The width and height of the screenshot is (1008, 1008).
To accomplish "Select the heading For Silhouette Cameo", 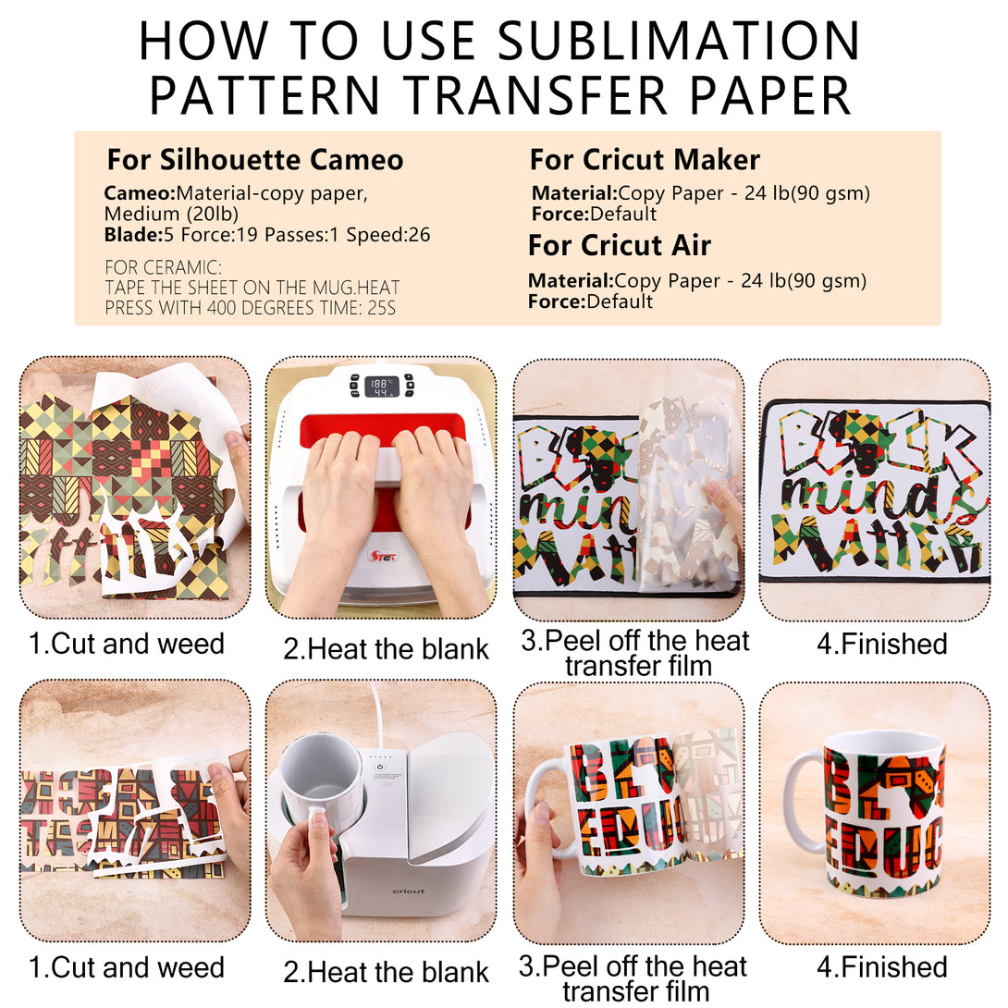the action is point(255,159).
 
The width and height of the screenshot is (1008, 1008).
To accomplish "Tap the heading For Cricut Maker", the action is point(645,159).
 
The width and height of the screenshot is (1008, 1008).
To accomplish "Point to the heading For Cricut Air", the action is point(620,246).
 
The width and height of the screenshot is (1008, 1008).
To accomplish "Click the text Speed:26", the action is point(388,235).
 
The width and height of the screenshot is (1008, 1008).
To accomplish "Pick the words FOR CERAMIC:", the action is point(164,267).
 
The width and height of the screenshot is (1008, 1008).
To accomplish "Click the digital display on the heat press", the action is point(381,387).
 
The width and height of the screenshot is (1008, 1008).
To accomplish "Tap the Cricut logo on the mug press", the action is point(409,891).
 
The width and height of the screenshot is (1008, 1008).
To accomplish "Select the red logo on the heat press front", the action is point(383,556).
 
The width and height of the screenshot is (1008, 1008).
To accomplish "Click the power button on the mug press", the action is point(380,767).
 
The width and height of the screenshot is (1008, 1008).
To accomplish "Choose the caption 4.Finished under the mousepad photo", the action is point(882,644).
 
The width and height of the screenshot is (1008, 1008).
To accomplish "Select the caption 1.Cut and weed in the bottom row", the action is point(127,967).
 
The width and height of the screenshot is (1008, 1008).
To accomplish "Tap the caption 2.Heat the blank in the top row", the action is point(386,649).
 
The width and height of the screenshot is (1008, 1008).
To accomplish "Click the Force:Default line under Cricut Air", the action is point(590,301).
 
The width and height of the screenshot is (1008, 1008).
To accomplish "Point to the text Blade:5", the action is point(139,235).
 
